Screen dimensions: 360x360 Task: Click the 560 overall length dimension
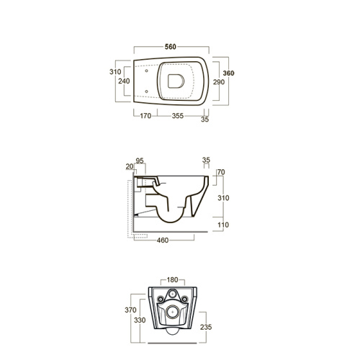(x=171, y=47)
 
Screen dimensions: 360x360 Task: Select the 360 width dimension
(x=228, y=73)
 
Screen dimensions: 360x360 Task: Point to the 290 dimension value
(x=219, y=82)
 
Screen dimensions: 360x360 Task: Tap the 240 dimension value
(x=124, y=81)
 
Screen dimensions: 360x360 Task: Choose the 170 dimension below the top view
(x=145, y=116)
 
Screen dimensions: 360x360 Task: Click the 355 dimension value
(x=178, y=116)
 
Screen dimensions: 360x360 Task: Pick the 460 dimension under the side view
(x=163, y=240)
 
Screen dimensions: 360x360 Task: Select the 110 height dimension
(x=223, y=225)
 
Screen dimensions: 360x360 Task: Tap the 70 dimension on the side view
(x=221, y=172)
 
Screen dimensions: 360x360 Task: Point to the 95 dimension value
(x=140, y=161)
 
